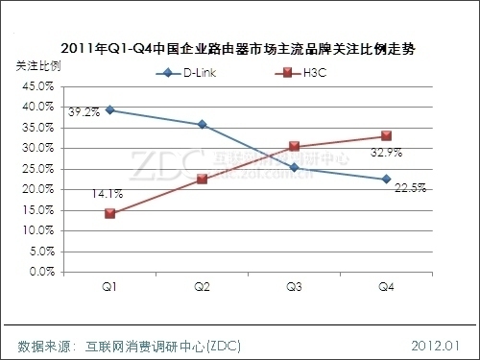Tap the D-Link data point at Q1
[x=110, y=109]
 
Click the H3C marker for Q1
[x=110, y=213]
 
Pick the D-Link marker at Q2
[x=202, y=124]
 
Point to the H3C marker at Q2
[x=202, y=179]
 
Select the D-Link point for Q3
[x=294, y=168]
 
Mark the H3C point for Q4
[x=386, y=136]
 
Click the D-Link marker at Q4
[x=386, y=179]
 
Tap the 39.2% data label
[x=84, y=112]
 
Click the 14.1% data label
[x=82, y=193]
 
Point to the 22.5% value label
[x=410, y=188]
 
